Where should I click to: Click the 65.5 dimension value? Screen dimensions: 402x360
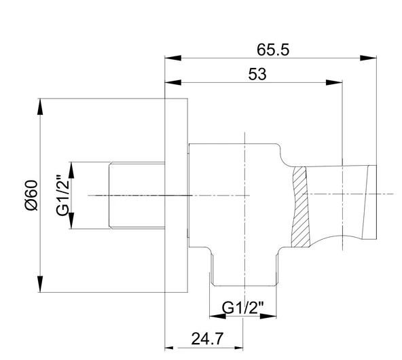click(x=273, y=50)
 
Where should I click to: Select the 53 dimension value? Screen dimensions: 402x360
click(x=257, y=74)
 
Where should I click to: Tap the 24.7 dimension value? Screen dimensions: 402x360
click(x=207, y=339)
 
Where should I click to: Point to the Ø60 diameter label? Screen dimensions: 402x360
click(x=31, y=196)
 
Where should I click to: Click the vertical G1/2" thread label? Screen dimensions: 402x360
click(x=62, y=196)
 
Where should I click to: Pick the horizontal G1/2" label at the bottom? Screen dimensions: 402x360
click(x=242, y=308)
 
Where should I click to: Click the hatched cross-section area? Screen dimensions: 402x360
click(x=300, y=207)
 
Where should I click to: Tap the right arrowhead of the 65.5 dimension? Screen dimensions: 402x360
click(x=368, y=58)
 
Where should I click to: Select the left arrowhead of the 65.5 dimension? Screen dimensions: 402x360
click(x=172, y=58)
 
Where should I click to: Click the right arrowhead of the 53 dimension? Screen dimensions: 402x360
click(x=334, y=83)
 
